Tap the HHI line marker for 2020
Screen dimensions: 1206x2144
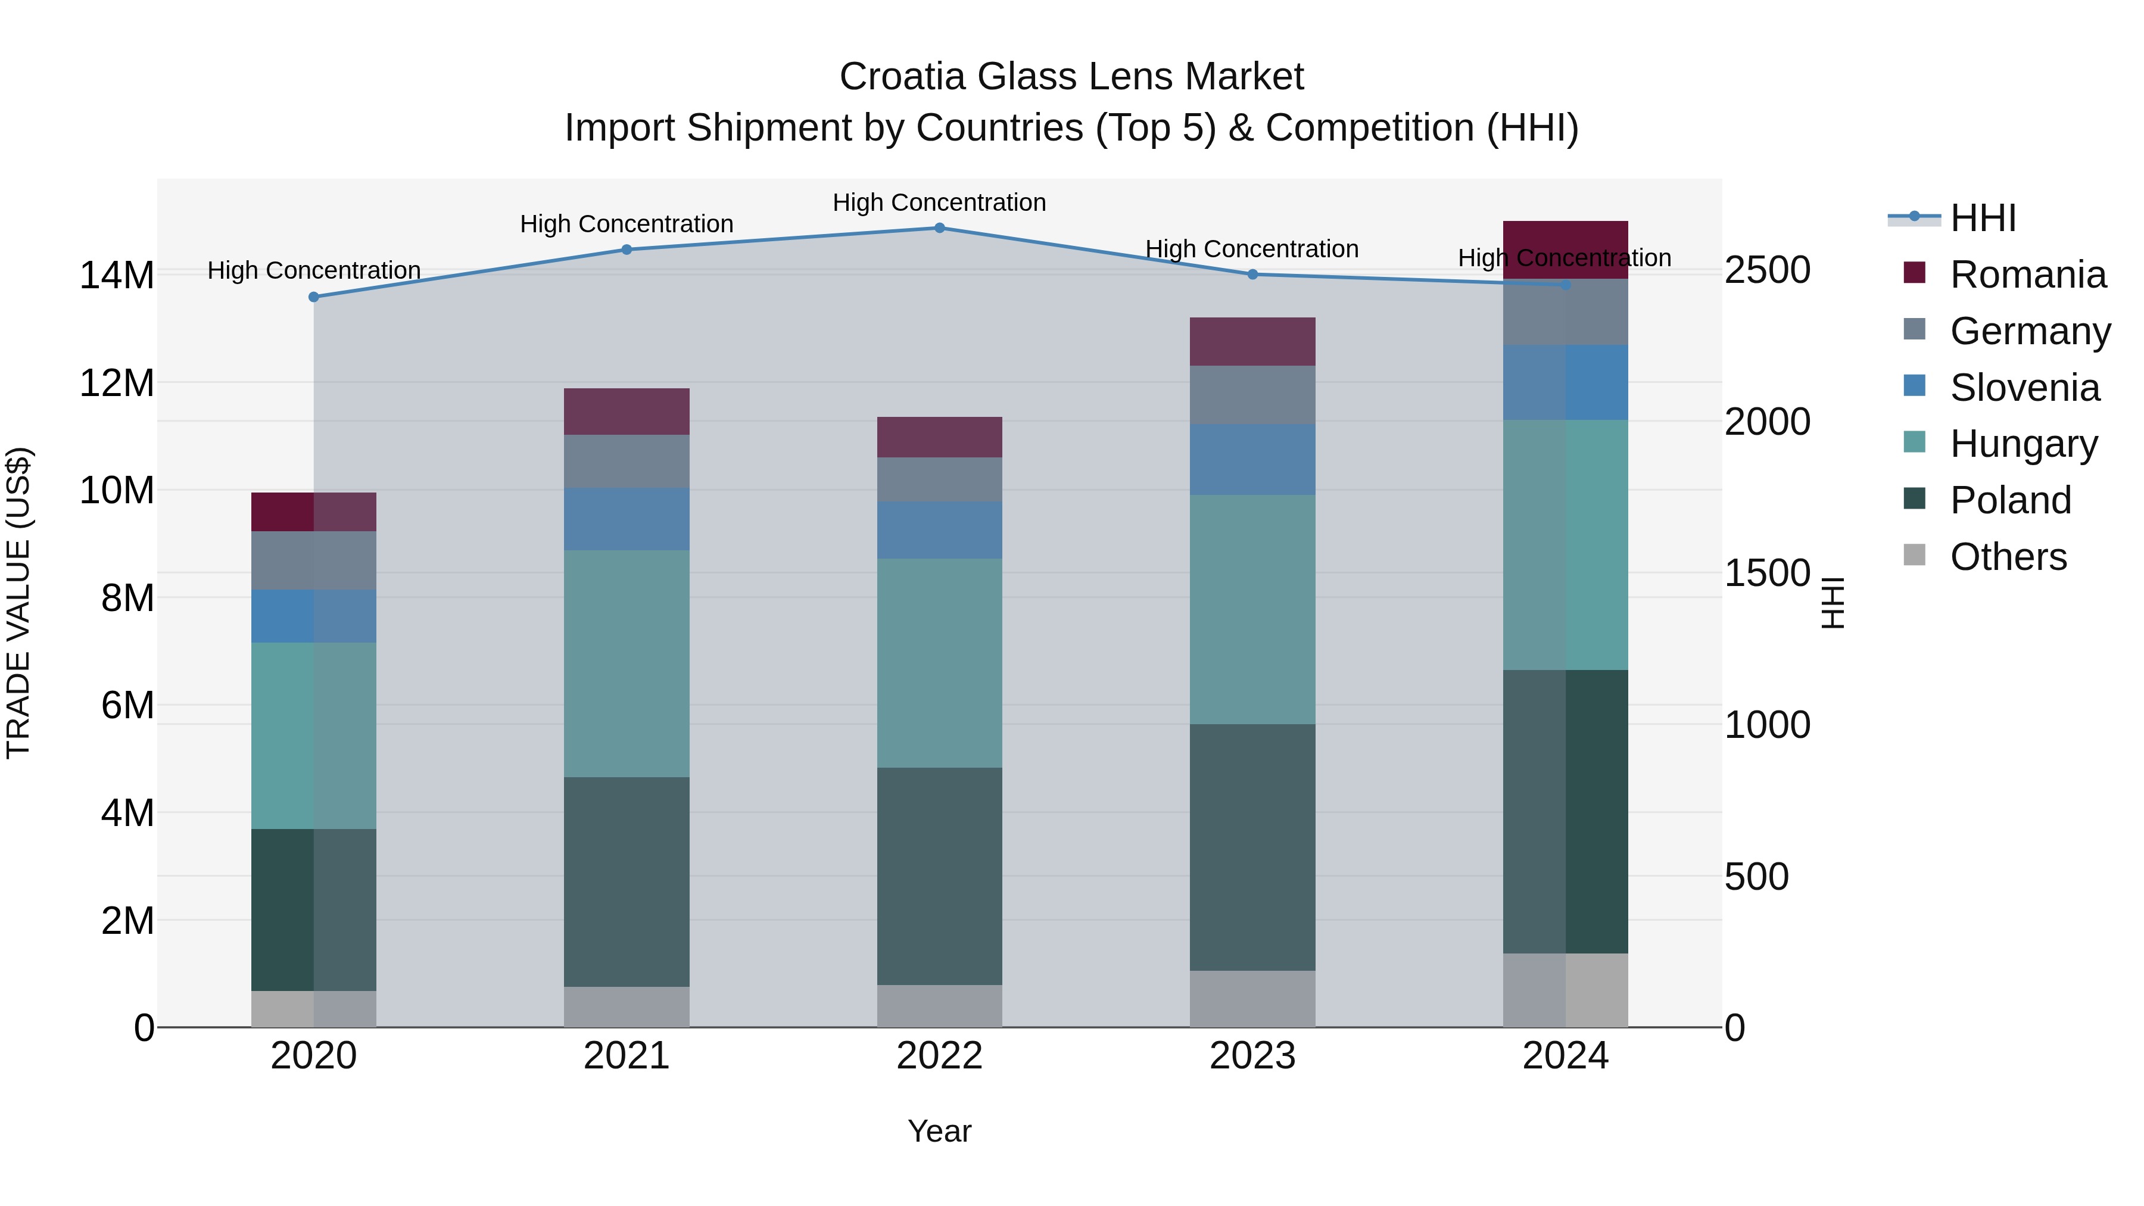click(x=314, y=297)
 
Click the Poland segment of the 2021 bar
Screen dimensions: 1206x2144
click(x=626, y=881)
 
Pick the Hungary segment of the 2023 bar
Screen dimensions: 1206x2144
click(x=1252, y=609)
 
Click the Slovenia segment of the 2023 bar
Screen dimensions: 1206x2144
click(x=1252, y=459)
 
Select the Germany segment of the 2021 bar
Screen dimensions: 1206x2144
click(x=626, y=461)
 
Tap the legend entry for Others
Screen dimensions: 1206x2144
click(x=2008, y=557)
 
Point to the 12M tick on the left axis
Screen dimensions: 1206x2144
click(x=117, y=384)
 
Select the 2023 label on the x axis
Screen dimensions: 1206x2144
click(x=1252, y=1056)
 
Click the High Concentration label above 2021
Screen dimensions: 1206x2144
click(x=626, y=224)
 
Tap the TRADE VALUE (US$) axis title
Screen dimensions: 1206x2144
click(x=18, y=603)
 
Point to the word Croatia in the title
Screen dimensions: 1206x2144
click(x=902, y=77)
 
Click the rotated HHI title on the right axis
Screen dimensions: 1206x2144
click(x=1834, y=603)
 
